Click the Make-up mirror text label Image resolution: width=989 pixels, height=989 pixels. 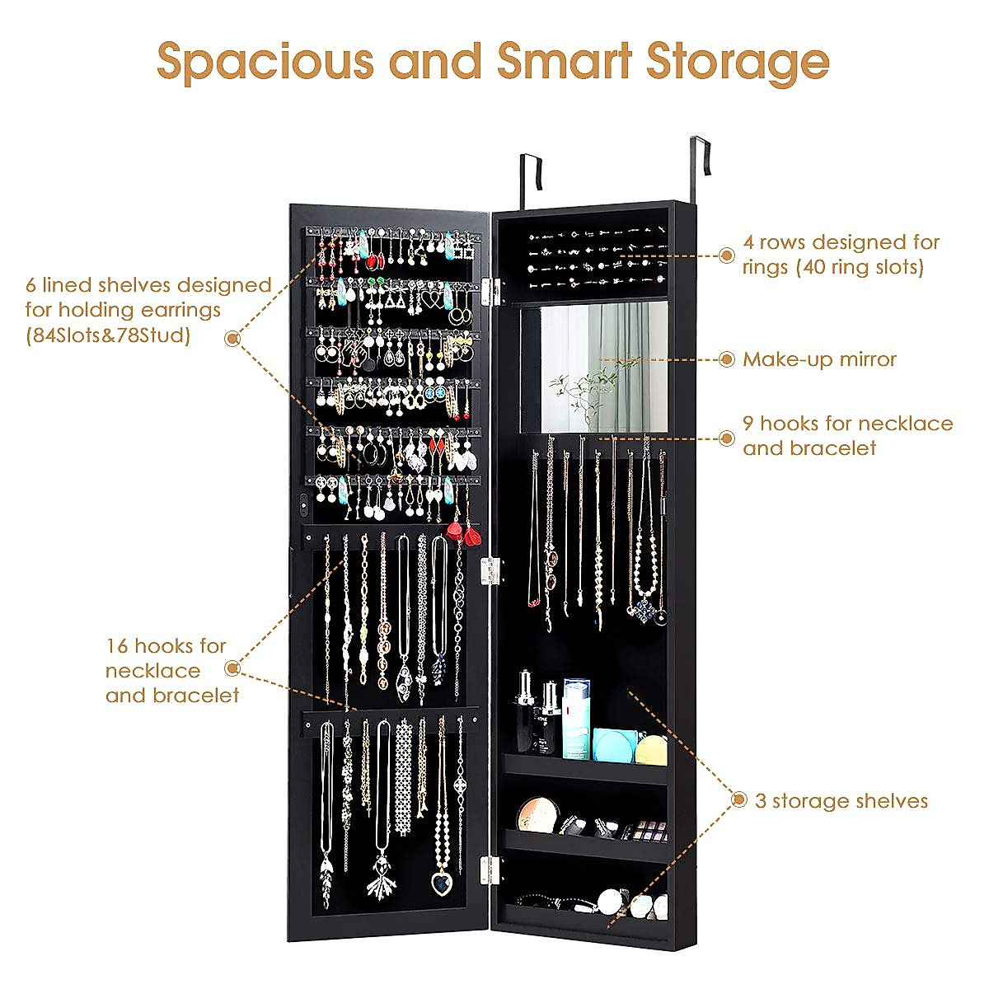(819, 359)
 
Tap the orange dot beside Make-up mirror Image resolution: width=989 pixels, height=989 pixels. (726, 359)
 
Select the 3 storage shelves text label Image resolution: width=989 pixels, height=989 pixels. (841, 801)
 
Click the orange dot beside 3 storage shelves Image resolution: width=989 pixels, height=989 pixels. (738, 800)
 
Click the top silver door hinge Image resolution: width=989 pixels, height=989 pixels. (492, 288)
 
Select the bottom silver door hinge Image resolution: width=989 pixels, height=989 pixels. (490, 867)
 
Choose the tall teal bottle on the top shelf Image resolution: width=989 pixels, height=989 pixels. (577, 717)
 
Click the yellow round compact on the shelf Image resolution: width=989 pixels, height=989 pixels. (651, 748)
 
